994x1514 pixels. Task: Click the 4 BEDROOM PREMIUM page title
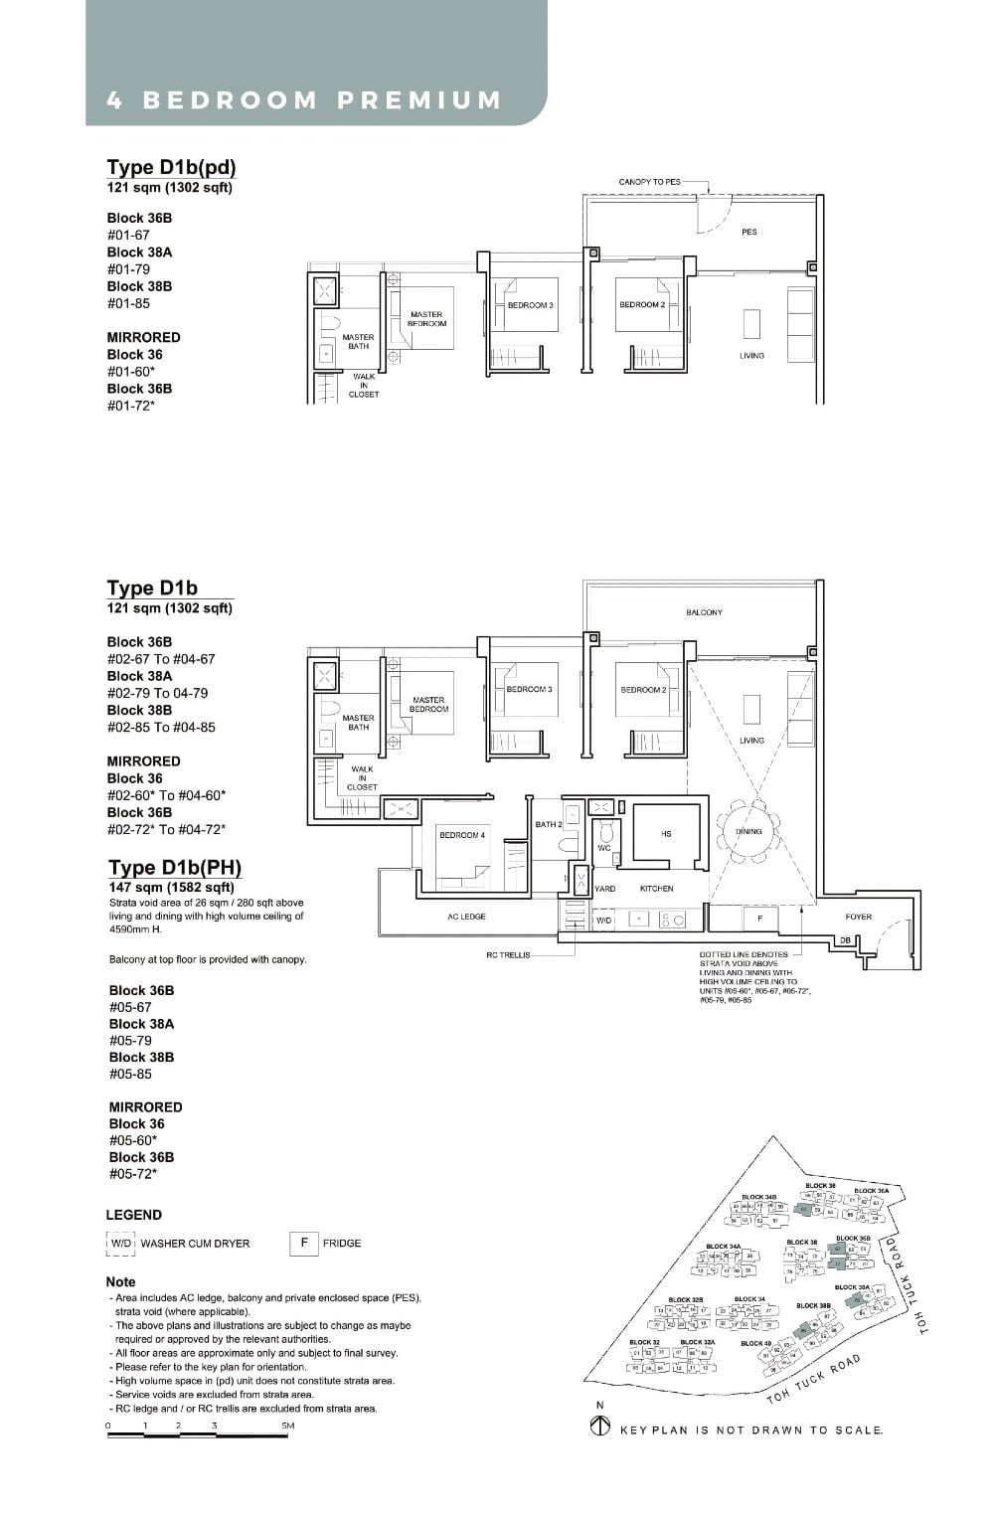(x=304, y=100)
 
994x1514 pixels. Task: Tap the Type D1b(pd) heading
(x=171, y=167)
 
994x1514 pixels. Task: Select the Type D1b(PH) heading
(x=175, y=867)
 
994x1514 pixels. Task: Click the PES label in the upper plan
(x=748, y=232)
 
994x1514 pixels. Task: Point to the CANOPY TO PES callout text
(x=649, y=182)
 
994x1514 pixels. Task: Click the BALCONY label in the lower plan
(x=704, y=612)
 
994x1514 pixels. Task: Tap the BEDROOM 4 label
(x=461, y=835)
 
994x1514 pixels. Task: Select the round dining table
(x=748, y=831)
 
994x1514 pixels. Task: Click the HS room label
(x=665, y=834)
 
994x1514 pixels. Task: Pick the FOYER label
(x=858, y=917)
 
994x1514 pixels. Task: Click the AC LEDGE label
(x=466, y=917)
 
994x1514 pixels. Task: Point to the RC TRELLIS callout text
(x=508, y=954)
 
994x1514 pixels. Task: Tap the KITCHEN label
(x=656, y=889)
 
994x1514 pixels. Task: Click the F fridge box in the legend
(x=303, y=1243)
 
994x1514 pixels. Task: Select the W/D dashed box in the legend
(x=120, y=1244)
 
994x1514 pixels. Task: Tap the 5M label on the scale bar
(x=287, y=1426)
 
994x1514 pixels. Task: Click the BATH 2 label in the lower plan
(x=549, y=824)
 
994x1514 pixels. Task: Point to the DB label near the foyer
(x=844, y=939)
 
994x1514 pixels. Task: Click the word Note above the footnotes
(x=121, y=1281)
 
